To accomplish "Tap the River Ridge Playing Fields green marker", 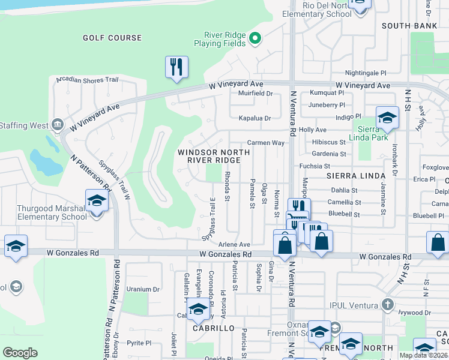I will click(x=255, y=39).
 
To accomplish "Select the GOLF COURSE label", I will click(x=112, y=38).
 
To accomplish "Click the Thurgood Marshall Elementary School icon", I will click(x=96, y=201).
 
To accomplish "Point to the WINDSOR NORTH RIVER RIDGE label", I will click(x=214, y=157).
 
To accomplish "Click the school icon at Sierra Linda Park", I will click(x=387, y=118).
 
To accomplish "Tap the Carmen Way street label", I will click(x=266, y=143).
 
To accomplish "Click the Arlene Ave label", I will click(x=234, y=245).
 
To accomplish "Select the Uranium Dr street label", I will click(x=143, y=289).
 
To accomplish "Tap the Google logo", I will click(x=20, y=353).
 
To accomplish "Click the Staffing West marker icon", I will click(x=58, y=124).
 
